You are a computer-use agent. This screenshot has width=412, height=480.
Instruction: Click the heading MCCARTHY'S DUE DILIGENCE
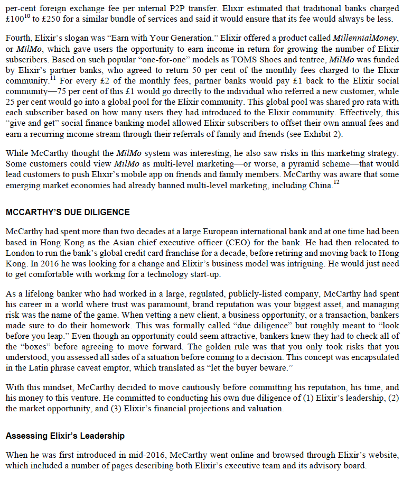67,213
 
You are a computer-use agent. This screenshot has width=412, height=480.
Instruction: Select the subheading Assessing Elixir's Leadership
65,436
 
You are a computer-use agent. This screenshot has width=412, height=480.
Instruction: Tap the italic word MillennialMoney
365,39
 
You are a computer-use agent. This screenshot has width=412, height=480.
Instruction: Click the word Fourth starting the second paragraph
17,39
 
